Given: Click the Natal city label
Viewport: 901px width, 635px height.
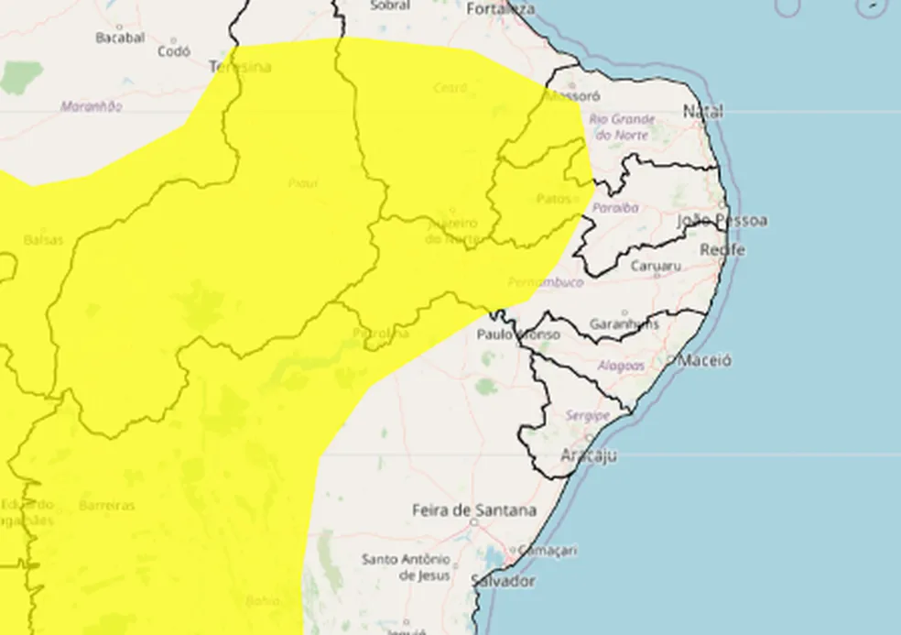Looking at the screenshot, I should point(703,112).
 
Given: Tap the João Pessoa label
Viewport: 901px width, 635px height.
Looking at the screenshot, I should point(722,221).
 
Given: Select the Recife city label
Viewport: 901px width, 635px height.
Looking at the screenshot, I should point(722,250).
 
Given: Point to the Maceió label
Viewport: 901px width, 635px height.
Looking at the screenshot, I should point(704,361).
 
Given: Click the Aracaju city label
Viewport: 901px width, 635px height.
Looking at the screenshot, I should point(588,455).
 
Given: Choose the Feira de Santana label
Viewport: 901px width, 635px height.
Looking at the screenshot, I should point(473,510).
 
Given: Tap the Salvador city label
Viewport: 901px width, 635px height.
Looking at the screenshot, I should point(502,581).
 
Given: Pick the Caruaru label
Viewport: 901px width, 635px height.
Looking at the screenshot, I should point(657,267).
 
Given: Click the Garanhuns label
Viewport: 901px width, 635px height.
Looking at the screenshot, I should point(624,324).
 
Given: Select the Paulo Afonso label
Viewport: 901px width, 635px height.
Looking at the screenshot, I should point(517,334).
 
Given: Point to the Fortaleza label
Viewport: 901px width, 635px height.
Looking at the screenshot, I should point(500,9).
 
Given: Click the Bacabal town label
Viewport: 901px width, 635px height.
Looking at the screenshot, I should point(120,38).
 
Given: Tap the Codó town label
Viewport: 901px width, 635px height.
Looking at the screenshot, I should point(173,52).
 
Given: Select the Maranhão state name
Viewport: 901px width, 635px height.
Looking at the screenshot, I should point(91,106).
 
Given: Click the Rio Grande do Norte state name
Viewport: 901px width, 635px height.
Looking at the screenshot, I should point(622,126).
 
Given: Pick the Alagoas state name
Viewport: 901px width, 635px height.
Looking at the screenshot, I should point(620,366).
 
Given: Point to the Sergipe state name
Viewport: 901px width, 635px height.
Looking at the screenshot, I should point(587,416).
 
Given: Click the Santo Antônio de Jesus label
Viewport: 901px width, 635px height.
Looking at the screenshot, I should point(406,567).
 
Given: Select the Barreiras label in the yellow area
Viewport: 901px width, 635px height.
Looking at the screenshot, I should point(106,506).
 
